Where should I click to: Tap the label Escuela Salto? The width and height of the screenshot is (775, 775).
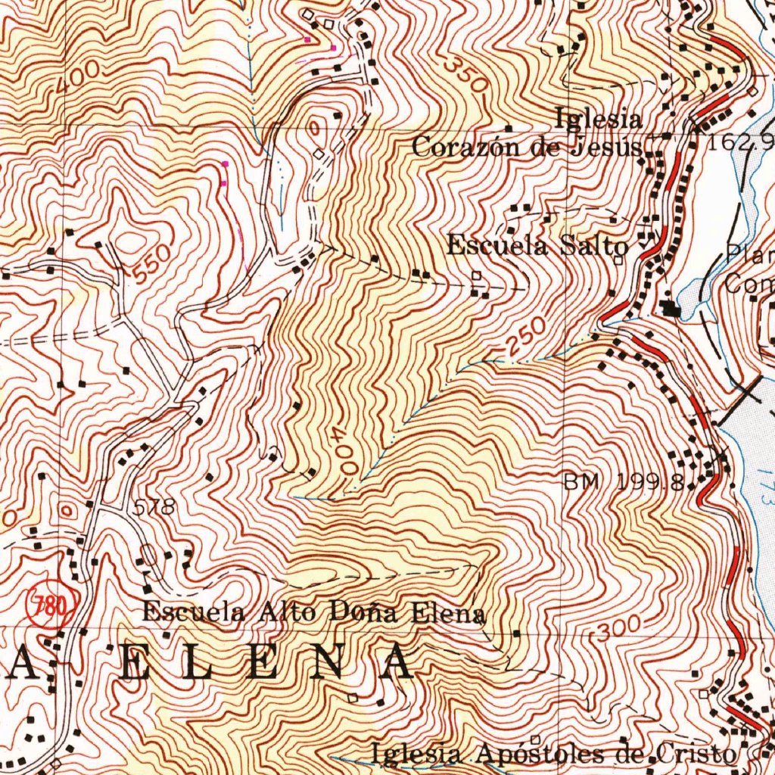coord(537,246)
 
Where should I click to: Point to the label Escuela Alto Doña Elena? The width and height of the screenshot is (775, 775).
coord(313,612)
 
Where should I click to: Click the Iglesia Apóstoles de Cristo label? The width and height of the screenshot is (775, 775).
coord(552,754)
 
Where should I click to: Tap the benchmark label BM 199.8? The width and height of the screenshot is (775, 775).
coord(624,482)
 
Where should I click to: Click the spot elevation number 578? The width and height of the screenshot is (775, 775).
coord(154,509)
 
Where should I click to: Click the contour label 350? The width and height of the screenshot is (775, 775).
coord(464,75)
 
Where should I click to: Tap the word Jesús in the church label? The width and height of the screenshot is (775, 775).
coord(608,146)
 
